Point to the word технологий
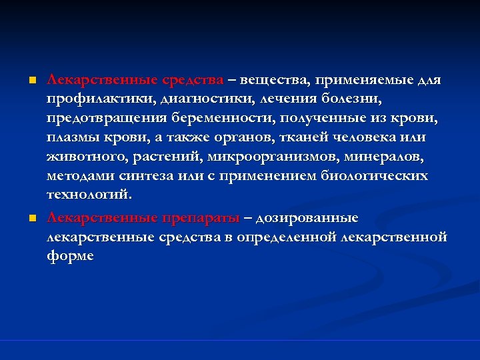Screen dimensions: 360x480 pyautogui.click(x=89, y=195)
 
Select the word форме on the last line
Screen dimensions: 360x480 pyautogui.click(x=70, y=256)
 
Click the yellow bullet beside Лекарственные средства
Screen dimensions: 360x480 pyautogui.click(x=31, y=81)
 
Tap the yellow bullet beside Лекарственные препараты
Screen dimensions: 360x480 pyautogui.click(x=31, y=219)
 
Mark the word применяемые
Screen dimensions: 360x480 pyautogui.click(x=365, y=81)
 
